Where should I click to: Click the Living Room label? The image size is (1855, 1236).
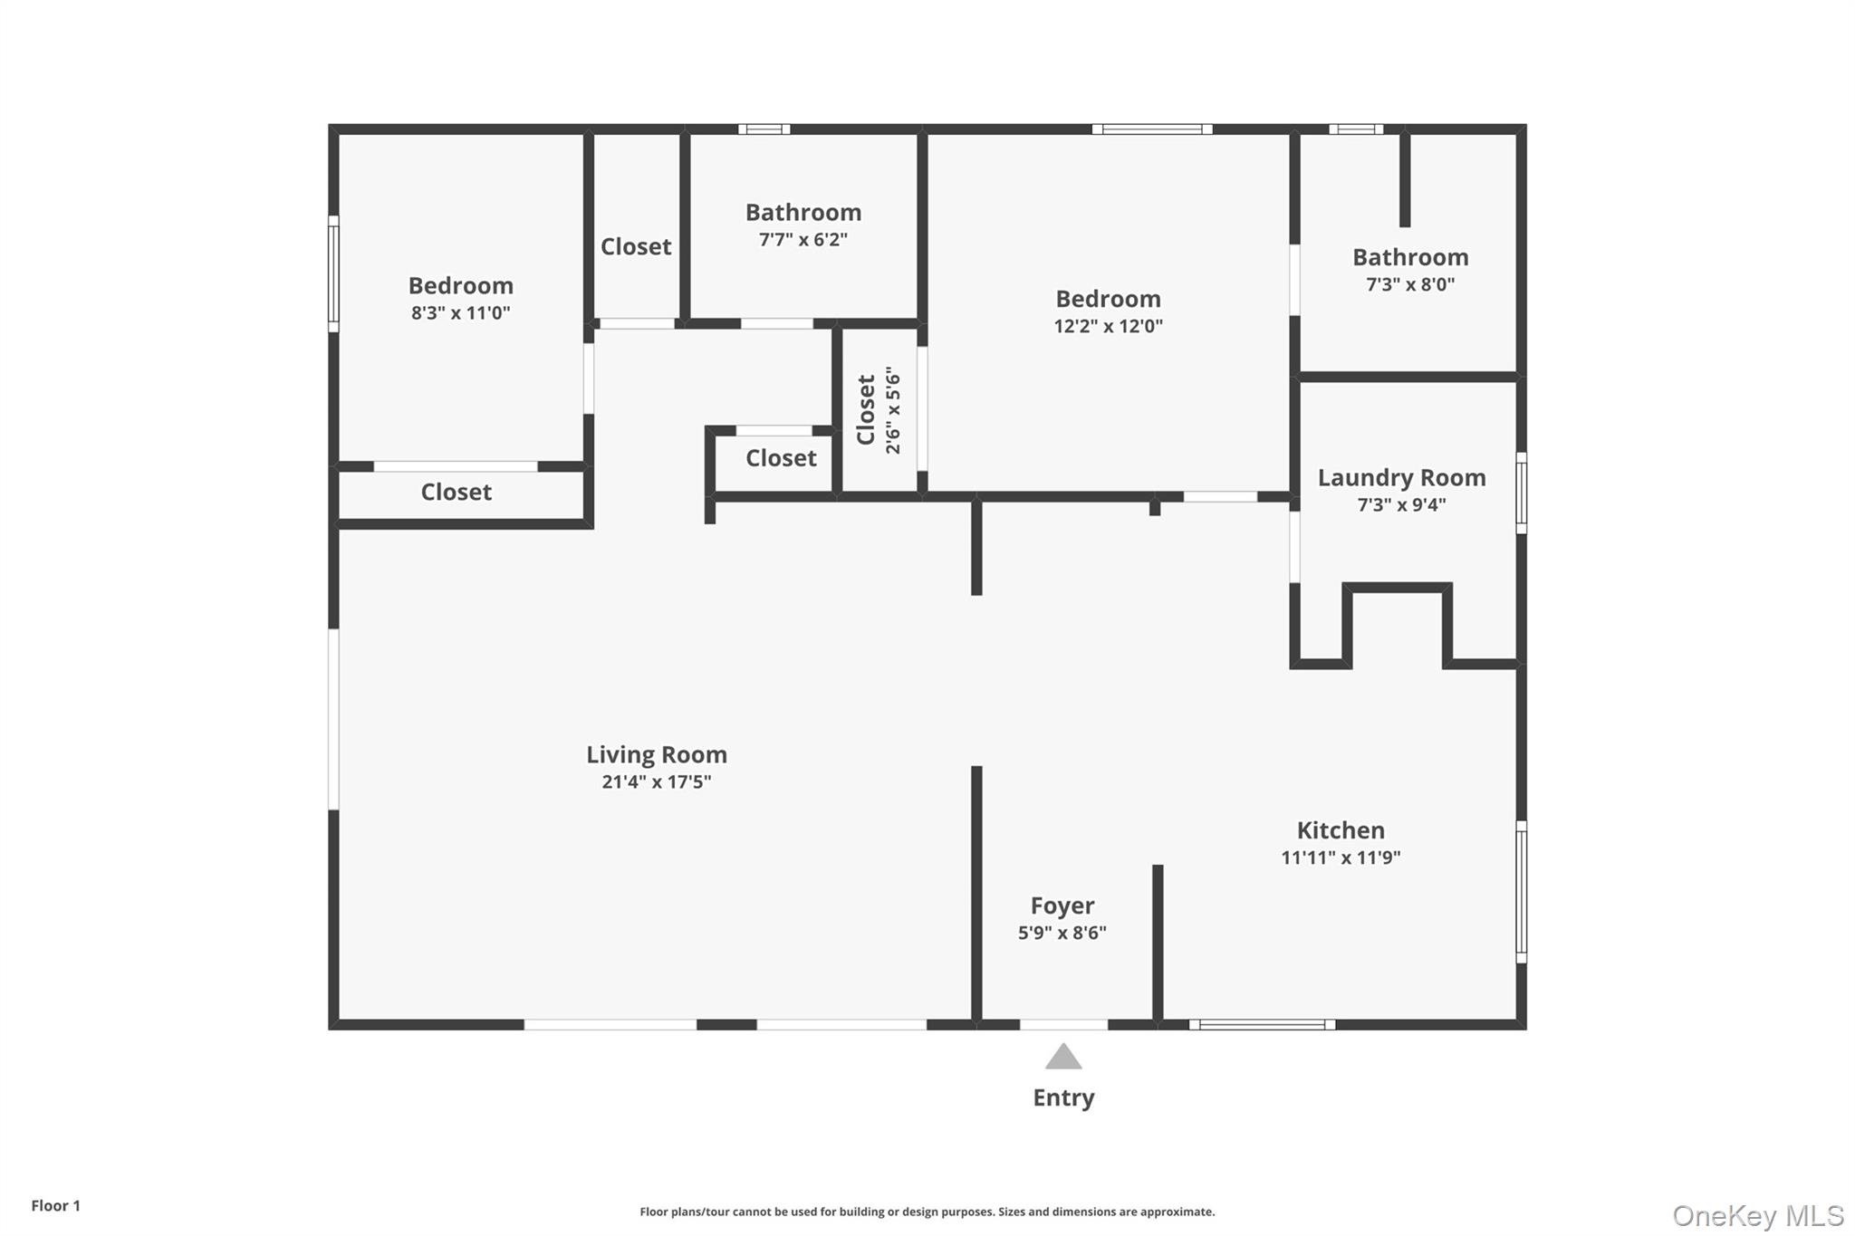point(656,754)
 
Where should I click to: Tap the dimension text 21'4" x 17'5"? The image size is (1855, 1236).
point(656,781)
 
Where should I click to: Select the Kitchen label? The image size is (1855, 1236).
point(1341,830)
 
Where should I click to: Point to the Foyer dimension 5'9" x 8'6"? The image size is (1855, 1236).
point(1062,933)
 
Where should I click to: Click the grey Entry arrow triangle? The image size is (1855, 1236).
point(1063,1057)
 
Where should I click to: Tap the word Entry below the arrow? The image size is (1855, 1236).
point(1063,1097)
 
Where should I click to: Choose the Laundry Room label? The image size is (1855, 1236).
point(1401,477)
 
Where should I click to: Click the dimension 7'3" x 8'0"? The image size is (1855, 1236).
point(1410,284)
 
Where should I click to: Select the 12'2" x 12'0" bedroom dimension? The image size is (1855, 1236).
point(1108,326)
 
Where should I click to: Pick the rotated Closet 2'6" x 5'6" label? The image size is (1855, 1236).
point(878,410)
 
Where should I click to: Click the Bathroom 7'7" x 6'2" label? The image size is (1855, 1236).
point(803,213)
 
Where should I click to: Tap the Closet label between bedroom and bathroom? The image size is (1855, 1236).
point(636,246)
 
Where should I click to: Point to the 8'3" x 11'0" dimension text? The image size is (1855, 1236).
point(460,313)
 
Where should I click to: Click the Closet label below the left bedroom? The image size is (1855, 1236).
point(456,492)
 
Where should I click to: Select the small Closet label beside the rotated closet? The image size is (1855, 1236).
point(781,458)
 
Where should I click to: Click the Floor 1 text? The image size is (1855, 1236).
point(55,1205)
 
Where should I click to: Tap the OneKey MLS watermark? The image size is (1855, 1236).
point(1757,1215)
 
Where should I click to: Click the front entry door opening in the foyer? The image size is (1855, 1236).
point(1063,1025)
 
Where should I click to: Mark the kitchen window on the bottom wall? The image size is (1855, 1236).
point(1262,1025)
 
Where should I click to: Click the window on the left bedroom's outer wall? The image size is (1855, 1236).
point(333,273)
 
